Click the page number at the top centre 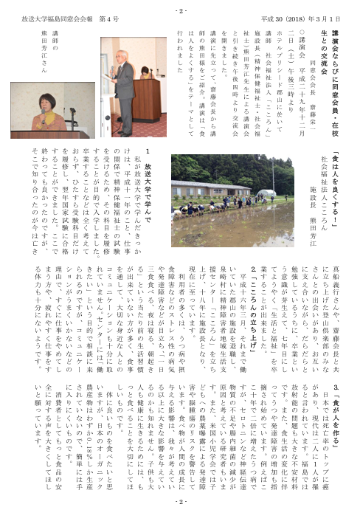(181, 11)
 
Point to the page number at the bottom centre (181, 501)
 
